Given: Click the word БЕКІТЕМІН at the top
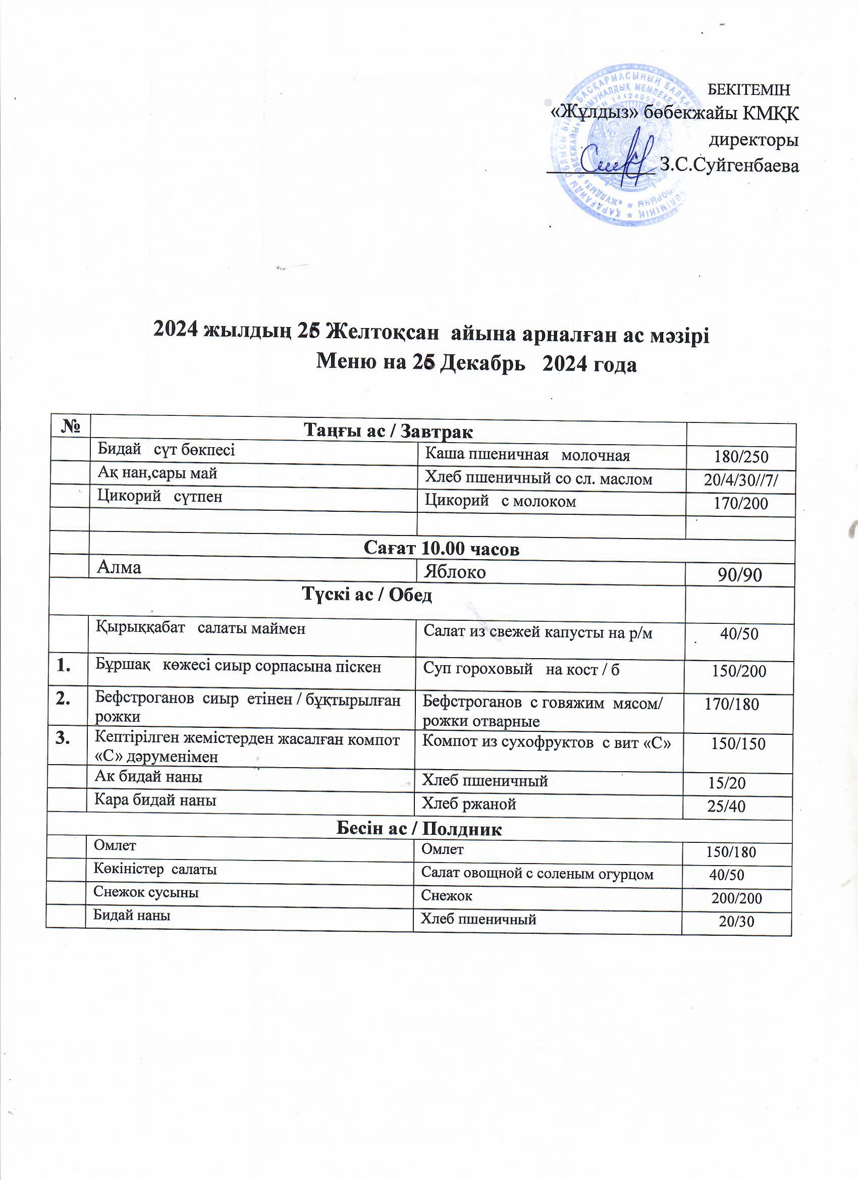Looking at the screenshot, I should [x=749, y=89].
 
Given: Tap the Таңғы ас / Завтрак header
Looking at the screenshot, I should [x=388, y=431].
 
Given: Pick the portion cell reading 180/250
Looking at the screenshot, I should [x=741, y=457].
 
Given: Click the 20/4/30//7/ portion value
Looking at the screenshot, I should [x=741, y=479].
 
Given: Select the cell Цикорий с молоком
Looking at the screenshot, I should [x=501, y=501].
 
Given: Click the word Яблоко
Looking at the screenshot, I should [x=455, y=572].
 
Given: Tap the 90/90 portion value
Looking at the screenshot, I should [x=740, y=574].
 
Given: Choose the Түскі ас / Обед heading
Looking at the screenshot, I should [x=367, y=595].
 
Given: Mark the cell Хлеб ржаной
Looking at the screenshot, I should [x=469, y=804].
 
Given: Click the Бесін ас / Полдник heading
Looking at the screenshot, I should [x=419, y=829].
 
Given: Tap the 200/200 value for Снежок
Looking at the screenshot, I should [x=737, y=898].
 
